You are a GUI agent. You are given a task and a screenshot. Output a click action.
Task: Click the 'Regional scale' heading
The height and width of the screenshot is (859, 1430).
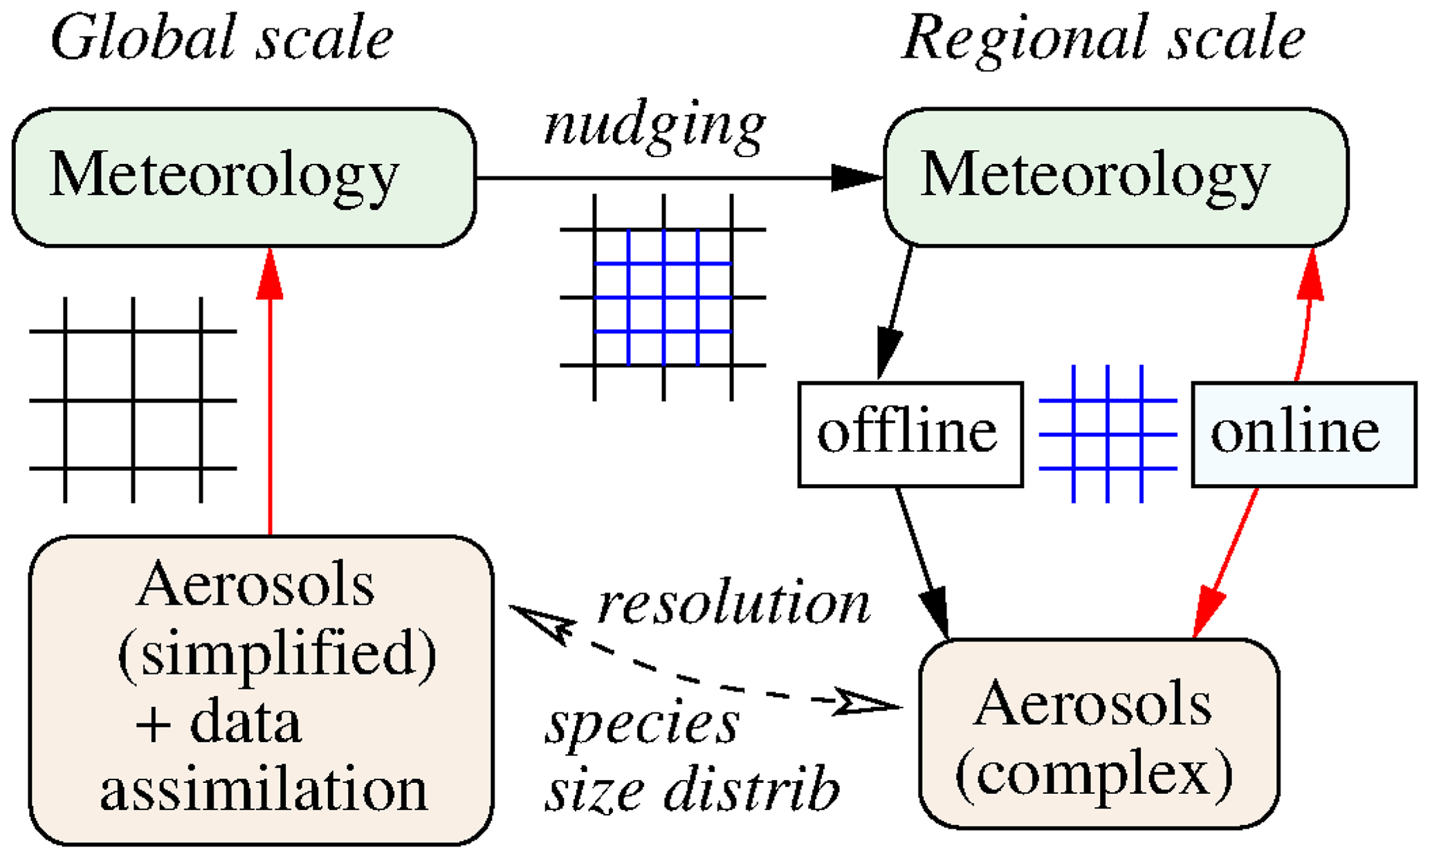[x=1103, y=39]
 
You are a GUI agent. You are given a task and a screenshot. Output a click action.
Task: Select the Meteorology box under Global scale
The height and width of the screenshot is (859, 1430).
[x=244, y=177]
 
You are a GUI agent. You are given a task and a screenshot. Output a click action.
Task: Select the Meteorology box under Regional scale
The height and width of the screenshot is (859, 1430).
[x=1116, y=177]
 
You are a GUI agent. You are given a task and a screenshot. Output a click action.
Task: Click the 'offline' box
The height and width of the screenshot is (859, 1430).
[x=910, y=434]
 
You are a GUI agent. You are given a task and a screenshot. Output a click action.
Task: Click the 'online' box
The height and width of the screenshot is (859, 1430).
[x=1303, y=434]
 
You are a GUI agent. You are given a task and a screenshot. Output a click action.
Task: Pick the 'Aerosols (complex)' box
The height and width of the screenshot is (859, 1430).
[x=1098, y=733]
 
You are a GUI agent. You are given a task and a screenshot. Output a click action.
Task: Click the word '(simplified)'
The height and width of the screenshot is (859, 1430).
[x=277, y=654]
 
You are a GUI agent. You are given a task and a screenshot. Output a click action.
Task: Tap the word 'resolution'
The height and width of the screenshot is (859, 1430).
[x=733, y=604]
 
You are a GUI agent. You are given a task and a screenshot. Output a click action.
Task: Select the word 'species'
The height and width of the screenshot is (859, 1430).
[x=642, y=725]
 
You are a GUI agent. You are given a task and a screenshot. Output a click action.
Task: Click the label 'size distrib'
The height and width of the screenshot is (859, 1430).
[x=692, y=791]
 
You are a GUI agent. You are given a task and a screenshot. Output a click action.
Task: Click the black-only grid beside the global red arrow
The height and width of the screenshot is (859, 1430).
[x=133, y=400]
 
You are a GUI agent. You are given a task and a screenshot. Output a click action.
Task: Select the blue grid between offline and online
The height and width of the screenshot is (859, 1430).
[x=1108, y=434]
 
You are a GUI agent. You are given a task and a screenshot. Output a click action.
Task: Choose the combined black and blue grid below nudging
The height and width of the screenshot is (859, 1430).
[x=663, y=297]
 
